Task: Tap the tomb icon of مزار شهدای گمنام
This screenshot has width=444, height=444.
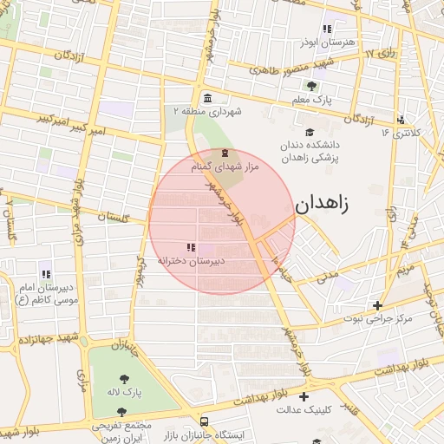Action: pos(214,153)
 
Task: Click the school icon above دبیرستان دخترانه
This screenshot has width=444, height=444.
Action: pos(191,247)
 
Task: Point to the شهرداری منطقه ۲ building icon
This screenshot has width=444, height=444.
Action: pos(206,98)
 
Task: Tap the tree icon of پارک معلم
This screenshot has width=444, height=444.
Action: pos(311,86)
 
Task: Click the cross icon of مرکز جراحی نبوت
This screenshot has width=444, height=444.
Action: pos(377,305)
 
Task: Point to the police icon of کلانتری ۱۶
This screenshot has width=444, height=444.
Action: pos(400,120)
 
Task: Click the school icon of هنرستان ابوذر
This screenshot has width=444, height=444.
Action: pos(326,29)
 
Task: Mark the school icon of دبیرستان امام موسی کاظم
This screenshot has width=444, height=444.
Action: pos(45,274)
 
